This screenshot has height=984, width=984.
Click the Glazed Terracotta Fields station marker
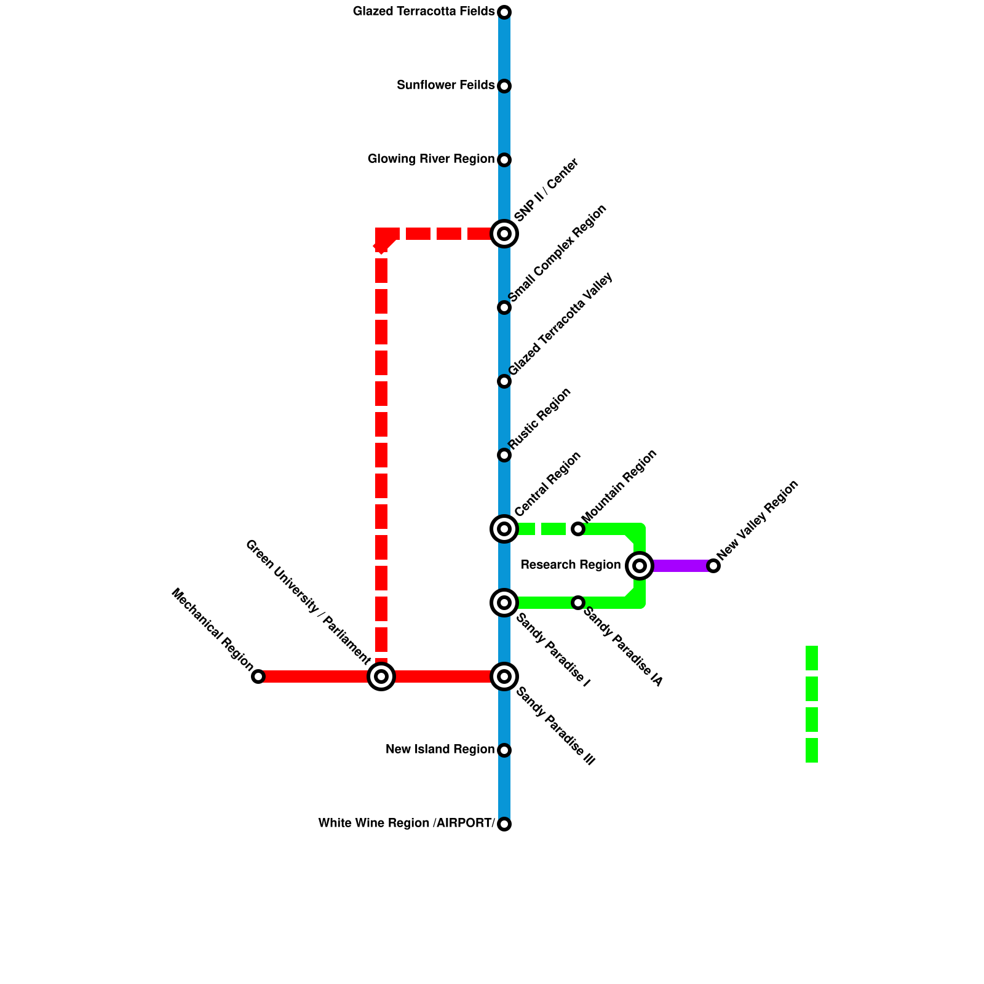[x=504, y=12]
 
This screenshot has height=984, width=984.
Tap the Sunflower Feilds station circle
[x=504, y=86]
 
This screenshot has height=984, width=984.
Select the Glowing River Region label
[x=430, y=159]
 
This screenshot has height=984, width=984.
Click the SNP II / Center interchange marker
[x=504, y=234]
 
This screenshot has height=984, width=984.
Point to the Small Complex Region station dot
[x=504, y=307]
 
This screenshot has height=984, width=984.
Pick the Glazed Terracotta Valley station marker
[x=504, y=381]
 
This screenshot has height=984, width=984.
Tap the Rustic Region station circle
[x=504, y=455]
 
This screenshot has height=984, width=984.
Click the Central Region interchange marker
[x=504, y=529]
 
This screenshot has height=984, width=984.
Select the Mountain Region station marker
[x=578, y=529]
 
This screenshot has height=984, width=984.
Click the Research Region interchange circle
[x=640, y=566]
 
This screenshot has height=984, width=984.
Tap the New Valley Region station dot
[x=713, y=566]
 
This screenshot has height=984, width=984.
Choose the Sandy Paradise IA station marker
[x=578, y=603]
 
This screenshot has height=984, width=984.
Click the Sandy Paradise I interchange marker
[x=504, y=603]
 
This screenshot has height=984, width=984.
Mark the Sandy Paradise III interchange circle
[x=504, y=676]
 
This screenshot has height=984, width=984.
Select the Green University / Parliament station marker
[x=381, y=676]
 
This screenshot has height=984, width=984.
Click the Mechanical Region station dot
[x=258, y=676]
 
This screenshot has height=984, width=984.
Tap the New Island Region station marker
[x=504, y=750]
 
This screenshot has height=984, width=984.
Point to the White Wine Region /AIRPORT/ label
[x=407, y=823]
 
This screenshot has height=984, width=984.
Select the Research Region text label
[x=571, y=565]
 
